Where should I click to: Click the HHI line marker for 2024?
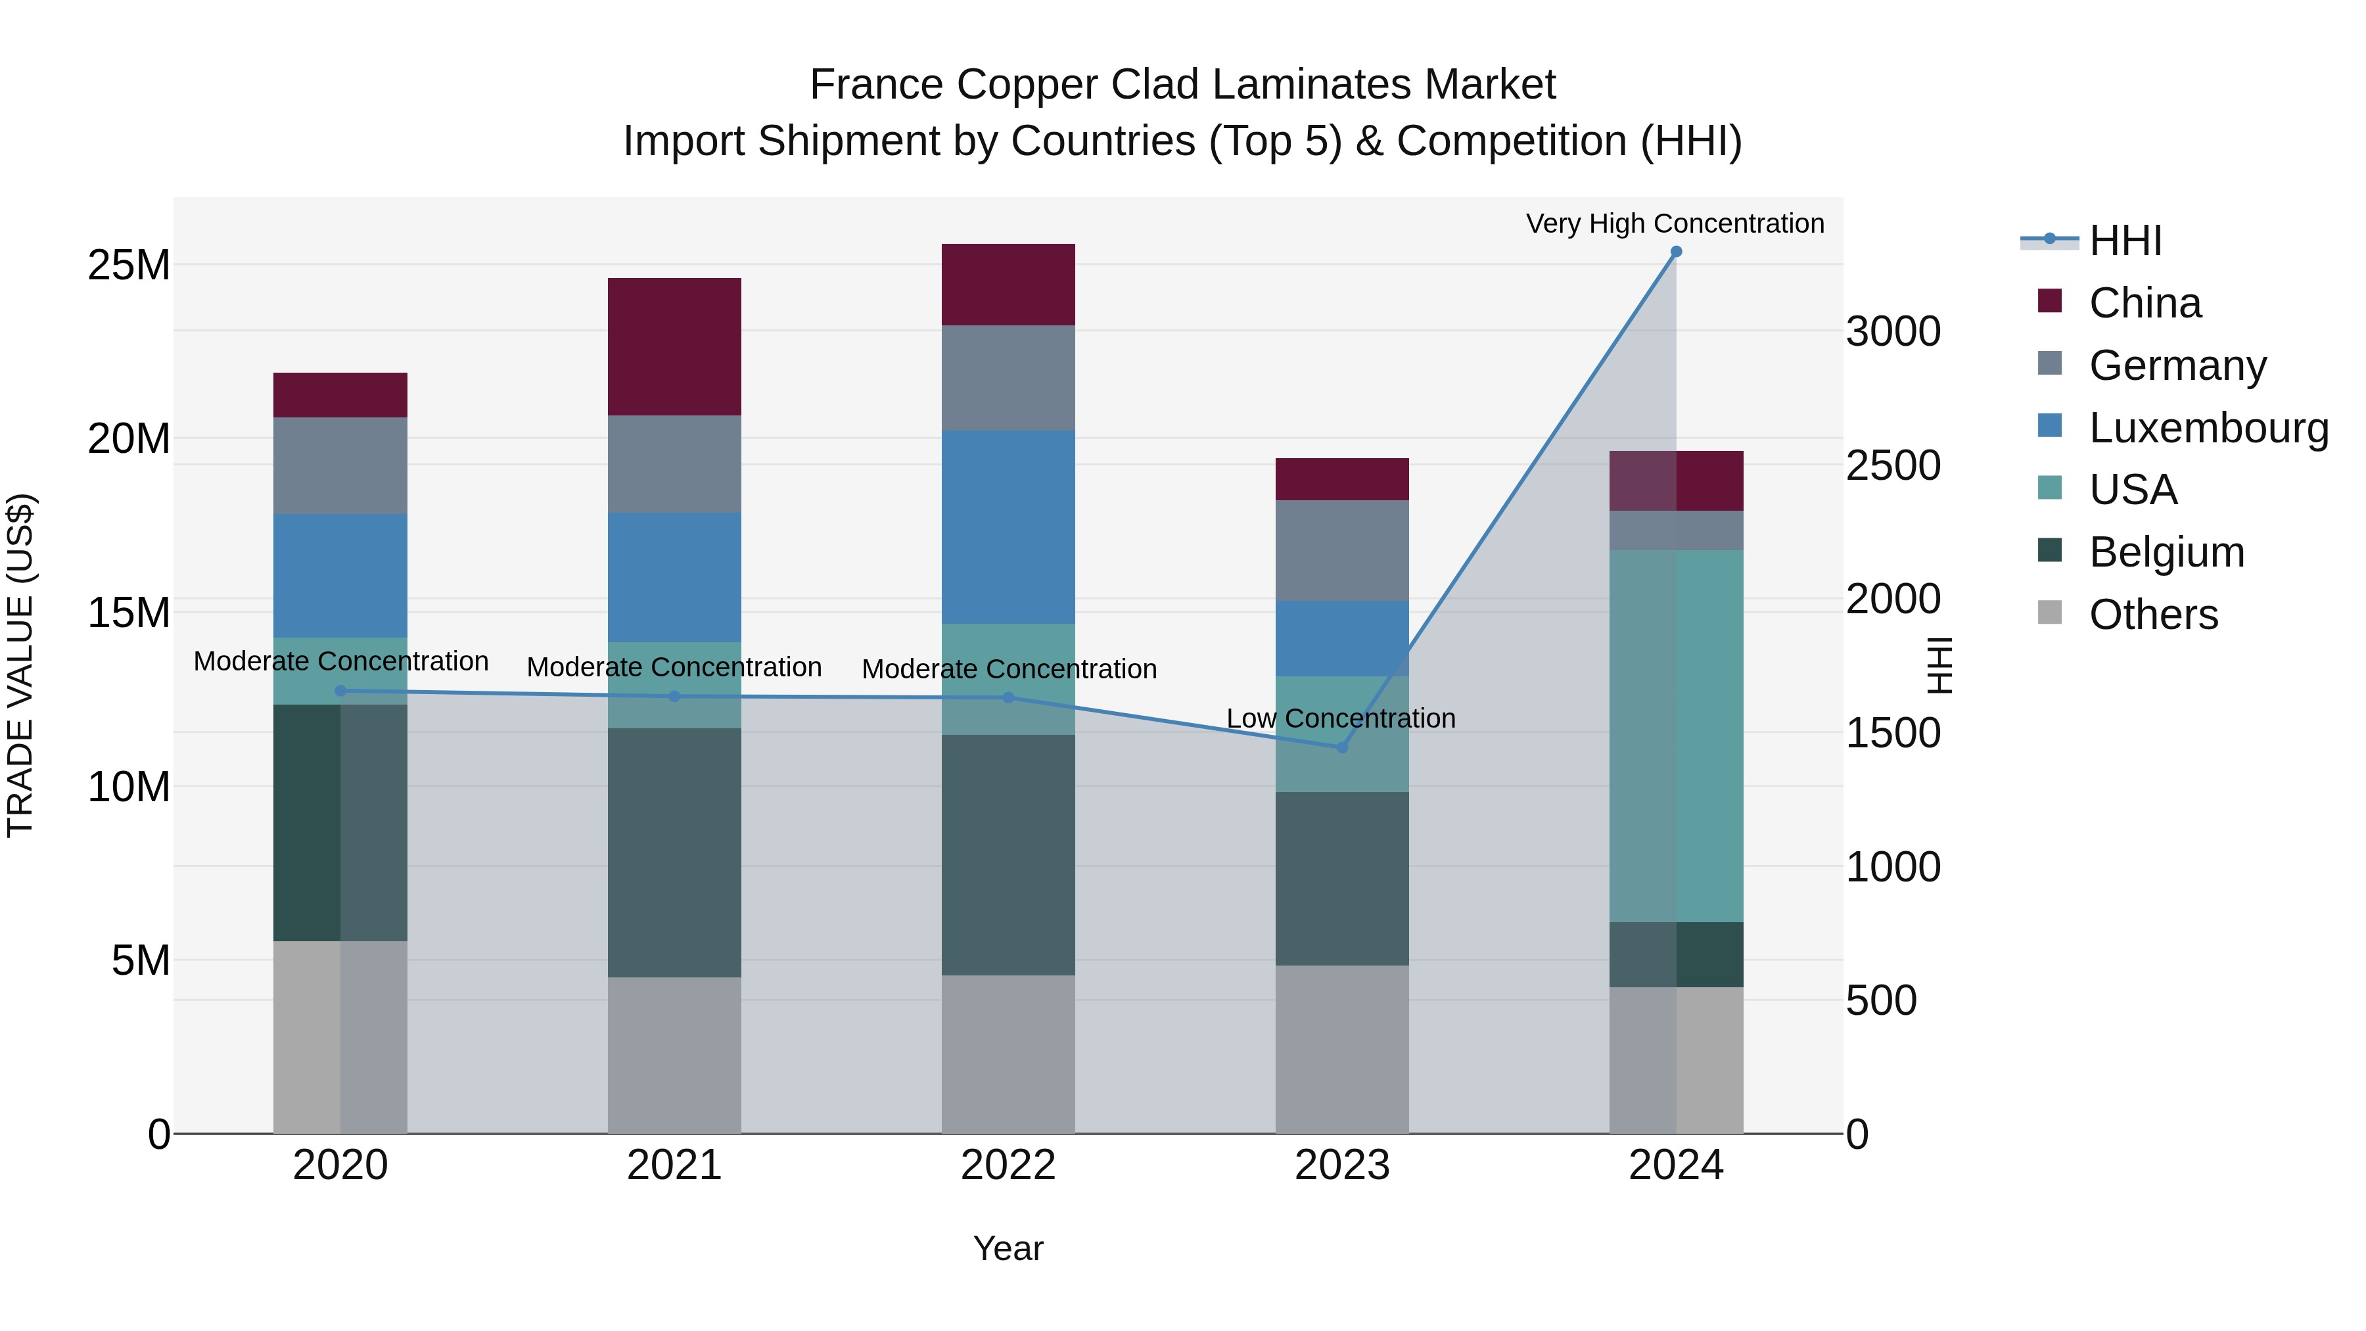[1675, 252]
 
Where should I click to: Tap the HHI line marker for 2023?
[1342, 748]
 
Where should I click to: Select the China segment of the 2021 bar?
[674, 346]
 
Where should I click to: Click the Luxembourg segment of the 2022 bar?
[1008, 527]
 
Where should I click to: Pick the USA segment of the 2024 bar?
[1675, 736]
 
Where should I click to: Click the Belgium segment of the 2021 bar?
[674, 852]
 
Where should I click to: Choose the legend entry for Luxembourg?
[2208, 428]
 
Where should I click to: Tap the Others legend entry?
[2153, 615]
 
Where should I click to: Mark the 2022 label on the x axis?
[1008, 1165]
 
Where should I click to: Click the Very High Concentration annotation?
[1675, 223]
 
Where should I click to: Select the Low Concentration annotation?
[1341, 718]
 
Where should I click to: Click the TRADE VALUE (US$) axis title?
[20, 665]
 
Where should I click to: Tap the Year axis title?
[1008, 1248]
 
